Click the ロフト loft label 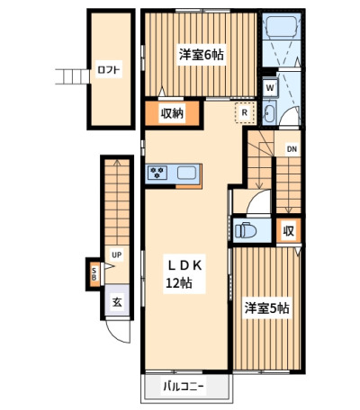click(x=109, y=70)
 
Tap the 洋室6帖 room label click(x=201, y=55)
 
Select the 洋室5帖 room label click(x=266, y=308)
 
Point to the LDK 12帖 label click(x=184, y=274)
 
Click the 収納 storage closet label click(x=172, y=113)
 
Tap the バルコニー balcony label click(x=184, y=387)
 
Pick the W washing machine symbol click(x=270, y=88)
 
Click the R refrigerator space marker click(x=245, y=112)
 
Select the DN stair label click(x=292, y=149)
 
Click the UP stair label click(x=116, y=255)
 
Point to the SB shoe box click(x=94, y=274)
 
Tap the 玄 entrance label click(x=117, y=302)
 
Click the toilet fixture click(x=246, y=230)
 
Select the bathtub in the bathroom click(x=282, y=27)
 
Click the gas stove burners click(x=157, y=173)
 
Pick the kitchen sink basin click(x=186, y=173)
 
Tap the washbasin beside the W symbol click(x=268, y=113)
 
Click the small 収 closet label click(x=289, y=231)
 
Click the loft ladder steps click(x=72, y=76)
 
